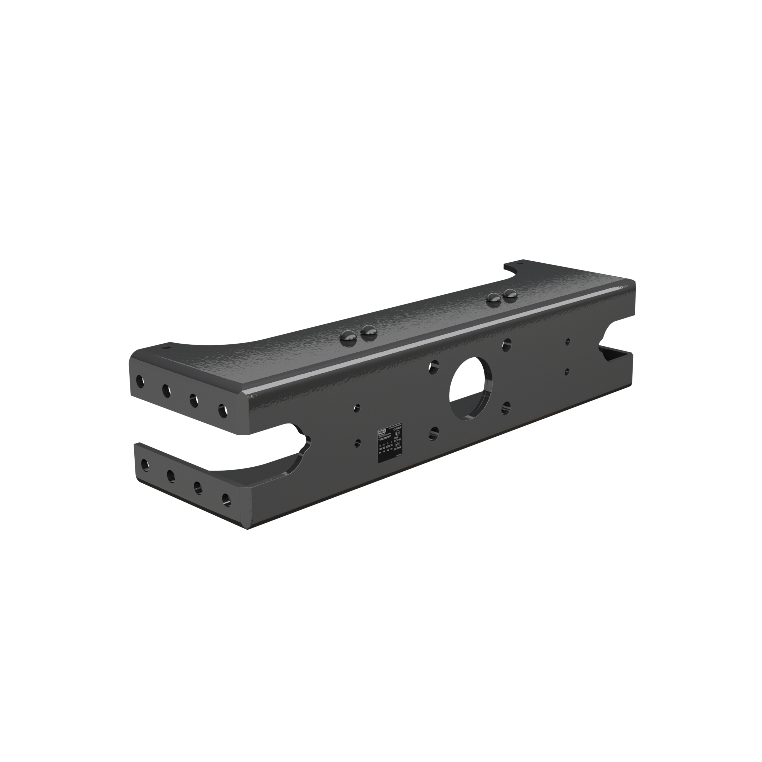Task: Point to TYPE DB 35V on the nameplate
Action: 385,438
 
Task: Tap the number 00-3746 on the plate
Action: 398,449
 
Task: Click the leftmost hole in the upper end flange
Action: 140,380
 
